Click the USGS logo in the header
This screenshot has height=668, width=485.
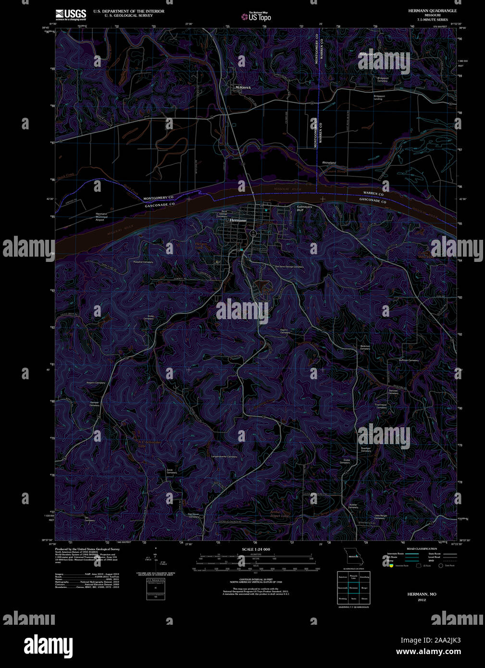[71, 14]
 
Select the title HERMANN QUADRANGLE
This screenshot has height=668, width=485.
[432, 11]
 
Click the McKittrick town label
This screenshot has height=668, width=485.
[243, 87]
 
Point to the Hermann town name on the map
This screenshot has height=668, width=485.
[238, 220]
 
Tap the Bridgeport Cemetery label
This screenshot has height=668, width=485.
[383, 79]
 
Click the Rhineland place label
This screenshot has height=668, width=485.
[329, 163]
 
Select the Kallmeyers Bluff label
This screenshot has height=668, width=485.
[304, 208]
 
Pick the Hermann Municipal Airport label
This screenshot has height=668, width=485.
[101, 216]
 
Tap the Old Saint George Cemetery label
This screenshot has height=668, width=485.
[289, 266]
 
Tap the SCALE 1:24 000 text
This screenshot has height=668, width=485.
[256, 549]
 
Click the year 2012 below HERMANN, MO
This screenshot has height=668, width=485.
[422, 600]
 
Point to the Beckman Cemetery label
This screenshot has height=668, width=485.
[365, 347]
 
